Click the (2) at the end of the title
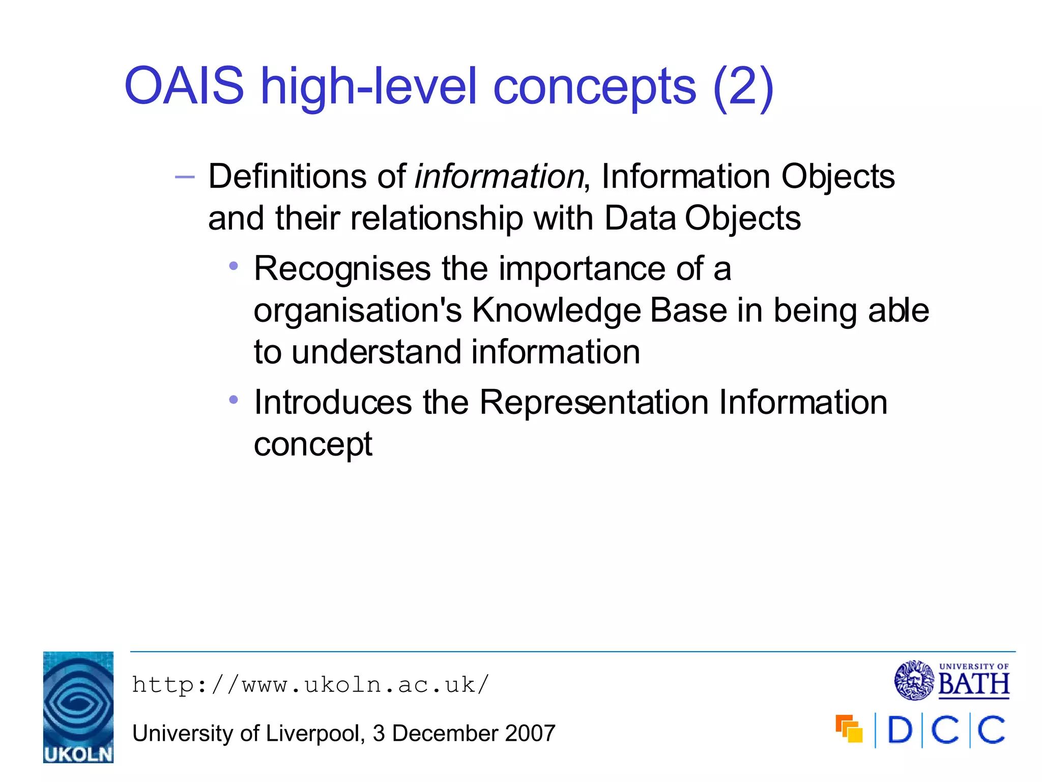point(743,87)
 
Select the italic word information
point(499,177)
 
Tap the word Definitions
point(287,177)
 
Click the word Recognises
point(342,269)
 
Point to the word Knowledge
point(556,311)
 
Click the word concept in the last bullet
point(313,444)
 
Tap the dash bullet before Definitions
point(184,177)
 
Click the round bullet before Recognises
point(234,266)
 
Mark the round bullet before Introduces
point(234,400)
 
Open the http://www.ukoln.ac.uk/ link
point(310,685)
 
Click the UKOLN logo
point(78,707)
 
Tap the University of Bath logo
point(951,680)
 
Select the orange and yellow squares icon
point(849,729)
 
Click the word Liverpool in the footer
point(312,734)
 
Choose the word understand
point(377,352)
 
